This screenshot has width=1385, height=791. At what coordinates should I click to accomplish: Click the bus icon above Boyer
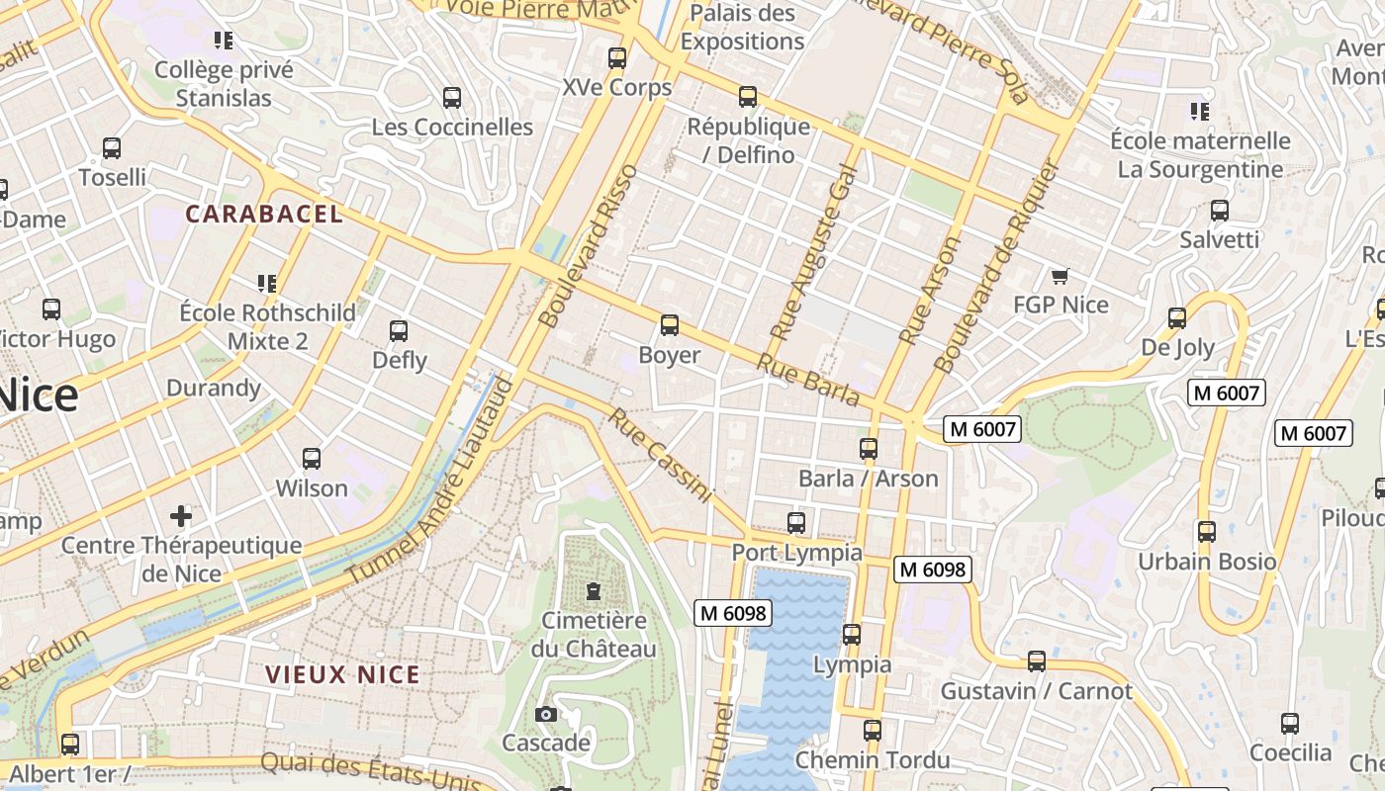(670, 325)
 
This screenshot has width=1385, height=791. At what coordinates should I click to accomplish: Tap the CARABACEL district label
(264, 214)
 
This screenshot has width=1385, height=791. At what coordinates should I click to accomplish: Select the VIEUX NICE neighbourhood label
(343, 675)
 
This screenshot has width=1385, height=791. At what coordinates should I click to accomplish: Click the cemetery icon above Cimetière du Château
(594, 591)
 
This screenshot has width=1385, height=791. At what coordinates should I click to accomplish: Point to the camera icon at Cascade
(545, 714)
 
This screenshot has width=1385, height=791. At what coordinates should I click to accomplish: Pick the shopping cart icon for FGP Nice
(1061, 276)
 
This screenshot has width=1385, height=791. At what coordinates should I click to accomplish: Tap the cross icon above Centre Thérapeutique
(181, 515)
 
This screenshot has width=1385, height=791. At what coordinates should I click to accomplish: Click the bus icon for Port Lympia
(796, 523)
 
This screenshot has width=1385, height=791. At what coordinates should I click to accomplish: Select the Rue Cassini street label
(660, 455)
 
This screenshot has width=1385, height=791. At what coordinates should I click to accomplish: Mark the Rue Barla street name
(808, 380)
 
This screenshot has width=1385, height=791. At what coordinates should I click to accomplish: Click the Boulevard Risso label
(589, 247)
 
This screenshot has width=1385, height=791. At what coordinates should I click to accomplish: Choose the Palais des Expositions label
(742, 28)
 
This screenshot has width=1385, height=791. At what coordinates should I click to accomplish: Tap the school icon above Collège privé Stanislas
(224, 41)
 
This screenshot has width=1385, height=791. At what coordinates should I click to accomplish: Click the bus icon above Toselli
(112, 148)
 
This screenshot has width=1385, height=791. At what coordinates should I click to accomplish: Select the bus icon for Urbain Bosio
(1207, 532)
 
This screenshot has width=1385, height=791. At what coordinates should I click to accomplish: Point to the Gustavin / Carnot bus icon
(1037, 661)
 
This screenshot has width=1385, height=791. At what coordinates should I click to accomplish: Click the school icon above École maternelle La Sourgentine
(1200, 111)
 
